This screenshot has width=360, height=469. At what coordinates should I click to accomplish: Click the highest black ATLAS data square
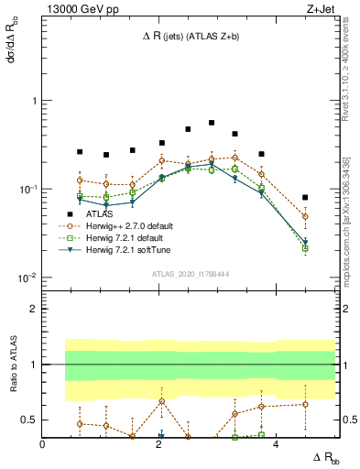pyautogui.click(x=212, y=122)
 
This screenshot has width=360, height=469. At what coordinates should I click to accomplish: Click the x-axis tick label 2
pyautogui.click(x=159, y=444)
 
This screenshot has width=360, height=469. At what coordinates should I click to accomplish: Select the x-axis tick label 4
pyautogui.click(x=277, y=444)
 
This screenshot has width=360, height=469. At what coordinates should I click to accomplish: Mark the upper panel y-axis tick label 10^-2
pyautogui.click(x=27, y=278)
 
